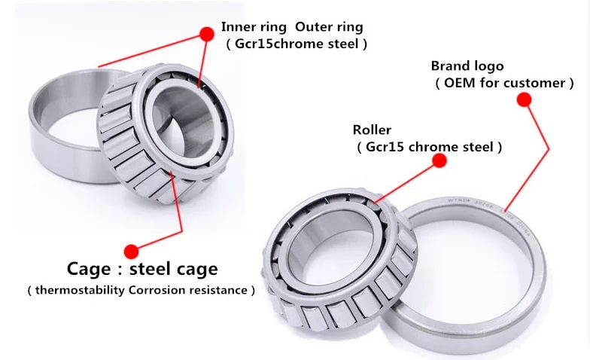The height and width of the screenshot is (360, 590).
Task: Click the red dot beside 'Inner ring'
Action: [205, 34]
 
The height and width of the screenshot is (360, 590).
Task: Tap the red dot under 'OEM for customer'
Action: [526, 99]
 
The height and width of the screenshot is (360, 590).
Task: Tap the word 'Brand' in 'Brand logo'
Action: [451, 66]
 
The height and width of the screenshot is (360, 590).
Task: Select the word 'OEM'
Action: [459, 83]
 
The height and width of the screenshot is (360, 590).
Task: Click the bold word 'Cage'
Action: [88, 269]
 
